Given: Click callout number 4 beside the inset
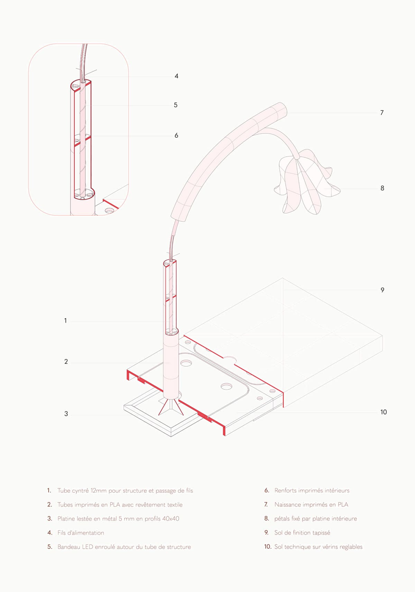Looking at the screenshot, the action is click(176, 76).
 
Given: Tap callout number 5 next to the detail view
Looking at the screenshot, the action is click(176, 105).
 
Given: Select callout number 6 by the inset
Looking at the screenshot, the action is click(176, 136).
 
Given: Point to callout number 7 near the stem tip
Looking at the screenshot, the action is click(382, 113).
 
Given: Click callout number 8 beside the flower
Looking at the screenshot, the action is click(382, 188).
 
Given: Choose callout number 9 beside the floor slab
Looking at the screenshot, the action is click(382, 290).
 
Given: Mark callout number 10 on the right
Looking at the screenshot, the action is click(384, 412).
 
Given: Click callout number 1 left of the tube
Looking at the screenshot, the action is click(65, 321).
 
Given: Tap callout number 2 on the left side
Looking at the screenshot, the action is click(66, 362).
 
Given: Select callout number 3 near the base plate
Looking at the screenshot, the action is click(66, 414).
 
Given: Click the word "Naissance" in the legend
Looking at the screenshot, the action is click(287, 505).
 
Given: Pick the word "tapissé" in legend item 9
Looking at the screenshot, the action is click(321, 533).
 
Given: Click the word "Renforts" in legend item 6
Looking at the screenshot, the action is click(285, 491).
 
